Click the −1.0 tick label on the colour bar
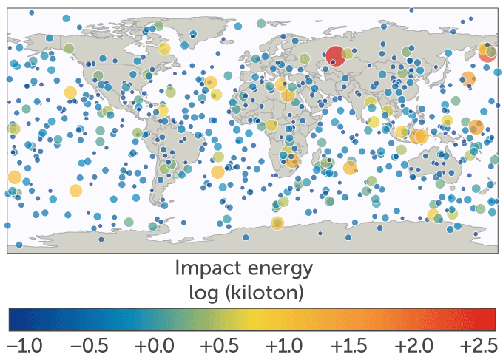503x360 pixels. (x=24, y=347)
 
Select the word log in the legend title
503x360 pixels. (x=205, y=293)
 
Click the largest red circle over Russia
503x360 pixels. (x=335, y=55)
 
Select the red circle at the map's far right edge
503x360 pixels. (x=487, y=54)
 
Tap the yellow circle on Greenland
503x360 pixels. (x=164, y=50)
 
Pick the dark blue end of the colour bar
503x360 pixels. (x=13, y=319)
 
